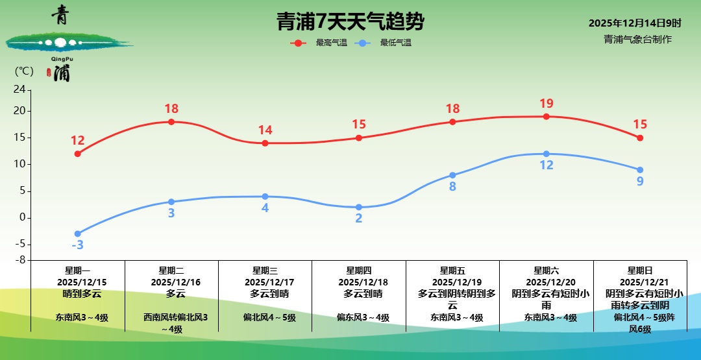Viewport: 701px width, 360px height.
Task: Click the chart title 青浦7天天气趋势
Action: pyautogui.click(x=350, y=22)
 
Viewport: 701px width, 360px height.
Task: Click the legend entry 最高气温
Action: pyautogui.click(x=331, y=43)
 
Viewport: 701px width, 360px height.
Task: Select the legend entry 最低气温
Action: pyautogui.click(x=395, y=43)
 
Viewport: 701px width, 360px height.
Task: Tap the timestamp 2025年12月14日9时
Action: pyautogui.click(x=635, y=23)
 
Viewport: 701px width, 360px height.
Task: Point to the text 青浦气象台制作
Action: pyautogui.click(x=637, y=40)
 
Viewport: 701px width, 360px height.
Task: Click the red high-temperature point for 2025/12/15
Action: pyautogui.click(x=78, y=154)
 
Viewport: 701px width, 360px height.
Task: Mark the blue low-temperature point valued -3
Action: pyautogui.click(x=78, y=234)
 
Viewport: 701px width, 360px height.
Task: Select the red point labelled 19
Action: pyautogui.click(x=547, y=117)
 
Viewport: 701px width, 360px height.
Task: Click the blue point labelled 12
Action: pyautogui.click(x=547, y=154)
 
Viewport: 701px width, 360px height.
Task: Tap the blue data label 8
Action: pyautogui.click(x=452, y=187)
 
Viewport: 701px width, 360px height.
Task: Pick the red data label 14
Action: pyautogui.click(x=265, y=130)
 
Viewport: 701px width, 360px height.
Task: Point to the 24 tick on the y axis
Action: pyautogui.click(x=19, y=90)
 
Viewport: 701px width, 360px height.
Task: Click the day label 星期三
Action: pyautogui.click(x=265, y=270)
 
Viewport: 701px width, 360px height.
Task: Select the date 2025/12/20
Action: pyautogui.click(x=547, y=282)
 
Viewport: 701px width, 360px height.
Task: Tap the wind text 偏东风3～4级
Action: pyautogui.click(x=359, y=318)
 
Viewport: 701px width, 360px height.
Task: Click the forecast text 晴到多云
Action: pyautogui.click(x=78, y=294)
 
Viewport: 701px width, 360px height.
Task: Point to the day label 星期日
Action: pyautogui.click(x=640, y=270)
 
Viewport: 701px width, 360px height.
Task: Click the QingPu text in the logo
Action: pyautogui.click(x=60, y=58)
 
